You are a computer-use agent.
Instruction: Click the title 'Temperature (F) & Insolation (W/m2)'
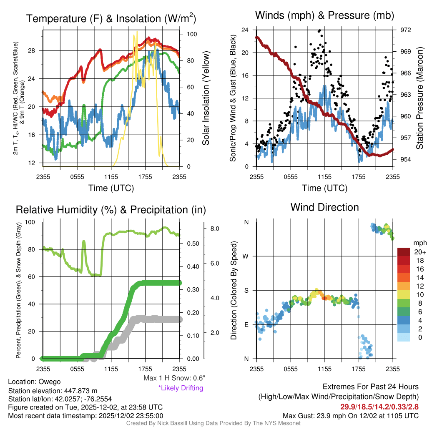(111, 19)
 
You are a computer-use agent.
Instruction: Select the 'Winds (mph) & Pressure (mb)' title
(324, 16)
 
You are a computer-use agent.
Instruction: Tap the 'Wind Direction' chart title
(324, 207)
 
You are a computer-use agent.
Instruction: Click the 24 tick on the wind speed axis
(245, 30)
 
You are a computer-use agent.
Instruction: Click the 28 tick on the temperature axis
(35, 50)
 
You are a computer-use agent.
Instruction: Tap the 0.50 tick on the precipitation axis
(192, 244)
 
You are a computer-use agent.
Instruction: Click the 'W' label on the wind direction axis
(246, 256)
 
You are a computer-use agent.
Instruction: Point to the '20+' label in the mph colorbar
(419, 252)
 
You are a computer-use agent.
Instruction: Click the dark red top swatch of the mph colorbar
(404, 252)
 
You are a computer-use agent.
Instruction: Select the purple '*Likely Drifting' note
(181, 388)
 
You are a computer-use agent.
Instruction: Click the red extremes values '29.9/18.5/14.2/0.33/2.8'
(379, 406)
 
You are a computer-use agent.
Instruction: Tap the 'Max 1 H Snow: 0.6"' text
(174, 378)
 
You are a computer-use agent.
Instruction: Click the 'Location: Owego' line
(34, 382)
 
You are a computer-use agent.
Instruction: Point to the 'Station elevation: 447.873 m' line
(53, 391)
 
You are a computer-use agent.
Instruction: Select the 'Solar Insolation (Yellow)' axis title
(206, 98)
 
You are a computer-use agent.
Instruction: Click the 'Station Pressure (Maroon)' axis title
(420, 98)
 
